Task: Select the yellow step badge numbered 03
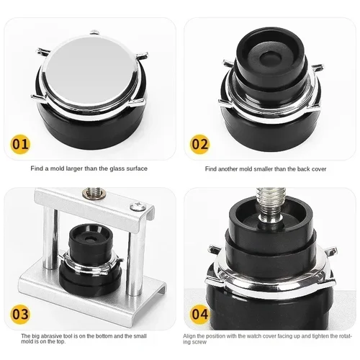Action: click(x=22, y=315)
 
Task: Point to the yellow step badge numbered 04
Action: click(x=200, y=315)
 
